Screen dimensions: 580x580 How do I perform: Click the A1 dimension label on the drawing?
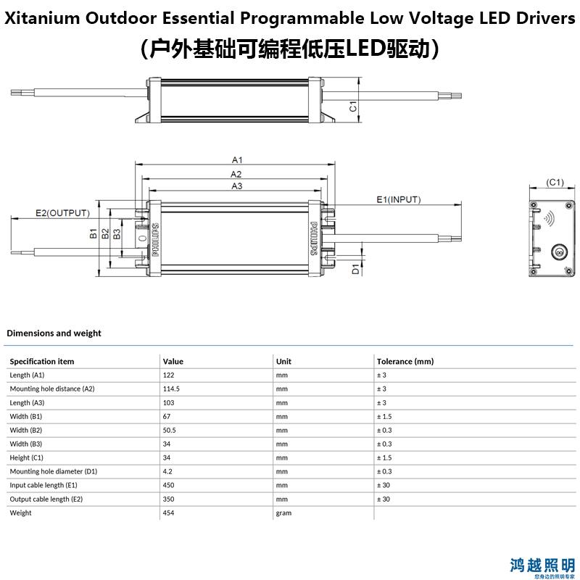(x=237, y=159)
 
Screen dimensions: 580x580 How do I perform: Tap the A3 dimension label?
(x=237, y=186)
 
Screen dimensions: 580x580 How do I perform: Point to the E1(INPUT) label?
(x=398, y=200)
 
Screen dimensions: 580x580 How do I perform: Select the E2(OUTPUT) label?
(x=62, y=213)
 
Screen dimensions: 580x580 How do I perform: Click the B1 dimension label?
(x=94, y=233)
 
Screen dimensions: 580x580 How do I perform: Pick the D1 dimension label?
(x=355, y=269)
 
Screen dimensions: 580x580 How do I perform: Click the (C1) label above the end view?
(x=555, y=182)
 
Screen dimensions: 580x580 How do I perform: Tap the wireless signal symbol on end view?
(x=550, y=218)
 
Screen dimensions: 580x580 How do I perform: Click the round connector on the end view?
(x=559, y=252)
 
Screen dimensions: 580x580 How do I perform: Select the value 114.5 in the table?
(x=171, y=389)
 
